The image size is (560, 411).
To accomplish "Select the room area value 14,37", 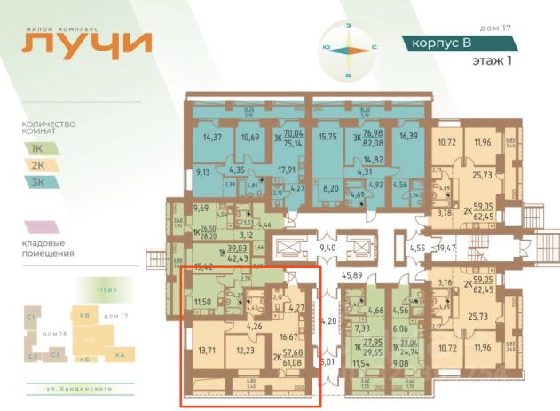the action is click(212, 138).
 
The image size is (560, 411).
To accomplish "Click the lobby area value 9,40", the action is click(328, 249).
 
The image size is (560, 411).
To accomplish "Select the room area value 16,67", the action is click(290, 337).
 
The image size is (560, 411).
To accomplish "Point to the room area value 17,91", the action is click(286, 170).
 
